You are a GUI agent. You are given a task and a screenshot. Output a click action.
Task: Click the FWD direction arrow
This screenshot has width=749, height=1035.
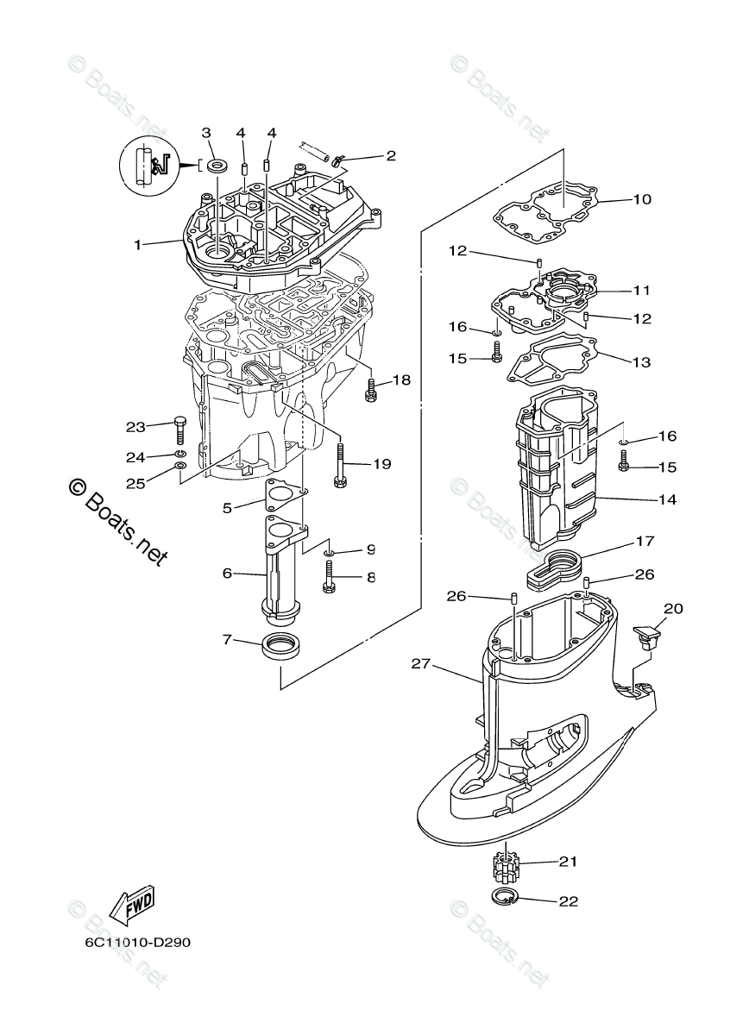(x=131, y=903)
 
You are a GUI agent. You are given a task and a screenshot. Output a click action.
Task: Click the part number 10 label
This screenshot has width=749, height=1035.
(x=642, y=199)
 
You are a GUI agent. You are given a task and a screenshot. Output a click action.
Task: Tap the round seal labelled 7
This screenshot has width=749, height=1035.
(x=279, y=645)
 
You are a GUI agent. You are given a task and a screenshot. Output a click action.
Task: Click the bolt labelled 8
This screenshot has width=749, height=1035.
(x=329, y=577)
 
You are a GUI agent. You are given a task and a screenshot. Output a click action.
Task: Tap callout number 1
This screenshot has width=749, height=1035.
(x=137, y=244)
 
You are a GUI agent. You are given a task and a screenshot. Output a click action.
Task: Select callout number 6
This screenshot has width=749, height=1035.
(x=227, y=573)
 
